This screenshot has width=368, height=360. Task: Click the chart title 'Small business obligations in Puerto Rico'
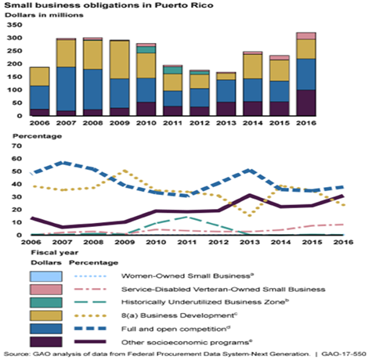tap(109, 5)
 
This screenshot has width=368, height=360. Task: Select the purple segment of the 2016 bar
tap(306, 103)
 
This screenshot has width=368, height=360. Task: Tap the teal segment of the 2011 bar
tap(172, 70)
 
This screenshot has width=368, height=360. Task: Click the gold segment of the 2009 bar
tap(119, 59)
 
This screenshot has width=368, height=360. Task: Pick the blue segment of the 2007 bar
tap(66, 89)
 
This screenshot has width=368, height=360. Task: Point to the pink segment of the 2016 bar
tap(306, 36)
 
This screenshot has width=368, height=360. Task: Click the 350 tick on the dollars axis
tap(15, 25)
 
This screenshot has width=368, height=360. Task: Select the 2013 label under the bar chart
tap(225, 123)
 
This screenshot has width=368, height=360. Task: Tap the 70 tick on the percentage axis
tap(17, 146)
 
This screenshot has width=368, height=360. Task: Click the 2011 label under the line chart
tap(187, 242)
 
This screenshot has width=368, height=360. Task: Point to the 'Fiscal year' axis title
tap(55, 253)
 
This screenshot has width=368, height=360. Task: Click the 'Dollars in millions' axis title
tap(44, 15)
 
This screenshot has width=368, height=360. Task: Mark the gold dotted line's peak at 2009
tap(125, 171)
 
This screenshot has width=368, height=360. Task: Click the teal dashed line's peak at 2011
tap(187, 217)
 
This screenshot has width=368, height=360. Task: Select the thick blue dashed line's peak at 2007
tap(62, 163)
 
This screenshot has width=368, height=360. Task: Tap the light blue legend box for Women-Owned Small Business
tap(46, 276)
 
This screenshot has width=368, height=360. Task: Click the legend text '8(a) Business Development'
tap(179, 315)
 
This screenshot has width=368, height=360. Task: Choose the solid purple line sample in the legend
tap(90, 342)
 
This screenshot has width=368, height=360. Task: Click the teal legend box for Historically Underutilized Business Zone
tap(46, 303)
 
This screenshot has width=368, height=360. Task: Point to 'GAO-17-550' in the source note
tap(344, 354)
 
